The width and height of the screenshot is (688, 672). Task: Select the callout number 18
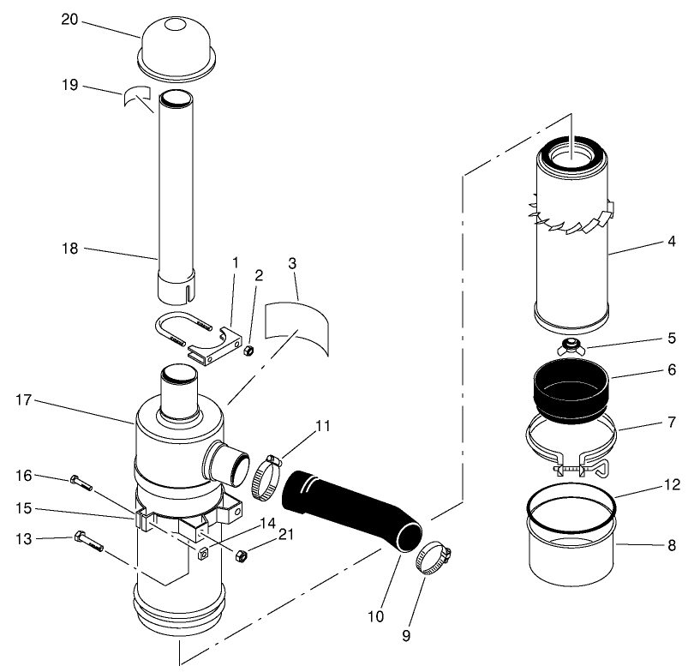(x=69, y=249)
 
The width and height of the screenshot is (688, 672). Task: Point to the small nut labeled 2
(x=248, y=351)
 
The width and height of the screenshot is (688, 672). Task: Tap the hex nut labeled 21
(x=241, y=555)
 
